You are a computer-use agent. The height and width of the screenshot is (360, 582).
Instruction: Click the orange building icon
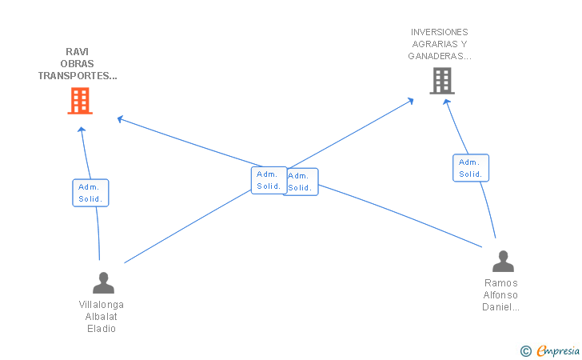pos(80,101)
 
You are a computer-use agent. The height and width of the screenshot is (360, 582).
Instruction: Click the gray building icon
pos(442,81)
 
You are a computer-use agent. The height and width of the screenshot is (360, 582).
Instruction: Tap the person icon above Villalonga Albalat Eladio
pos(104,282)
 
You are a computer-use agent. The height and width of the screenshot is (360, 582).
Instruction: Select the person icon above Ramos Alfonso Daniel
pos(503,261)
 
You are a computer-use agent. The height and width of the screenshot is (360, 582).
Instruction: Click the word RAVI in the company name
pos(78,52)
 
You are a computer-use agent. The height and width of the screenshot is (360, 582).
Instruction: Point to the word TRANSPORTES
pos(78,76)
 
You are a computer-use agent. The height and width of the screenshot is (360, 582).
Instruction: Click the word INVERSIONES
pos(440,32)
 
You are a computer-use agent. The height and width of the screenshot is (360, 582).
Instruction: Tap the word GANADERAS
pos(440,56)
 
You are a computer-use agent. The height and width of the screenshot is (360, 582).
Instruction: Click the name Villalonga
pos(102,305)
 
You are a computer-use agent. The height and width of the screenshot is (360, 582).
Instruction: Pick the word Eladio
pos(102,329)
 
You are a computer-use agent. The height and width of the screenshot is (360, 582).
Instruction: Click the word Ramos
pos(501,283)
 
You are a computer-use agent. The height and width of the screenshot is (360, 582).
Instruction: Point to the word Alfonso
pos(500,295)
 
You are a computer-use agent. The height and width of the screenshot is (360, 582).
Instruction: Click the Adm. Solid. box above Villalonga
pos(90,193)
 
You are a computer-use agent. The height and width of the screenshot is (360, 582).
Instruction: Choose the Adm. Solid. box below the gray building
pos(471,168)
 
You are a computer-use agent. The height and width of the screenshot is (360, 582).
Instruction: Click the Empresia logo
pos(558,350)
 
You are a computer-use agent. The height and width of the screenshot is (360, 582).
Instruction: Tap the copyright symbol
pos(526,351)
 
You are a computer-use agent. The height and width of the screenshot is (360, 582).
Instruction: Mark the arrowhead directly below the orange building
pos(82,130)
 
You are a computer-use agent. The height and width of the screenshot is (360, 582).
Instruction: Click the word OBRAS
pos(78,63)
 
